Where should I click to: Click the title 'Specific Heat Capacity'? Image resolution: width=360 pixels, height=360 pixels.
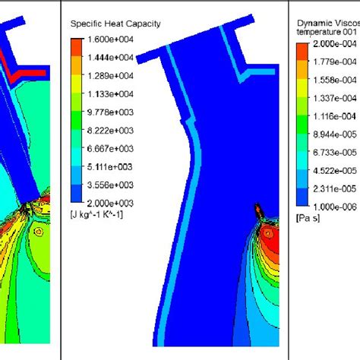tap(115, 24)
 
